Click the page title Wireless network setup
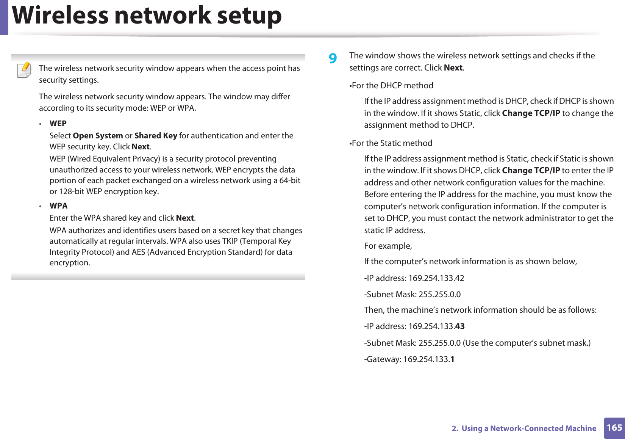(x=147, y=16)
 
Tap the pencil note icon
(x=25, y=70)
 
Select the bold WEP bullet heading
(x=58, y=124)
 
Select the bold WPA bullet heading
(x=58, y=206)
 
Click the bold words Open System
(x=98, y=136)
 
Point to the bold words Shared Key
(x=156, y=136)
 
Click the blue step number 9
(x=333, y=58)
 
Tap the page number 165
(x=614, y=428)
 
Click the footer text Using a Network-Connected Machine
(x=528, y=428)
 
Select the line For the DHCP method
(x=392, y=86)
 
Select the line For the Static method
(x=392, y=143)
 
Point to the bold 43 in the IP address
(x=459, y=326)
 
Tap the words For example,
(x=388, y=246)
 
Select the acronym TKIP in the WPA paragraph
(x=229, y=241)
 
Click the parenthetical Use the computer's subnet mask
(x=527, y=343)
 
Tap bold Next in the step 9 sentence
(x=453, y=68)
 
